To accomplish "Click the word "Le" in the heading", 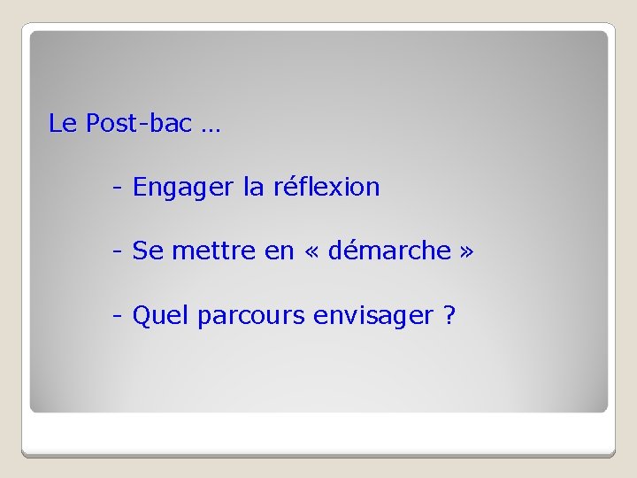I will (63, 124).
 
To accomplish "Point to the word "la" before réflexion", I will (252, 187).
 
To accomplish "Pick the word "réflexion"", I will (326, 187).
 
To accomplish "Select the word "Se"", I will (148, 251).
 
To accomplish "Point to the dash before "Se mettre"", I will (117, 252).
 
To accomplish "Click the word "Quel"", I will (161, 315).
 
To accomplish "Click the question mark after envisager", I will (449, 315).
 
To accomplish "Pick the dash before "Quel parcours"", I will (117, 316).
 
